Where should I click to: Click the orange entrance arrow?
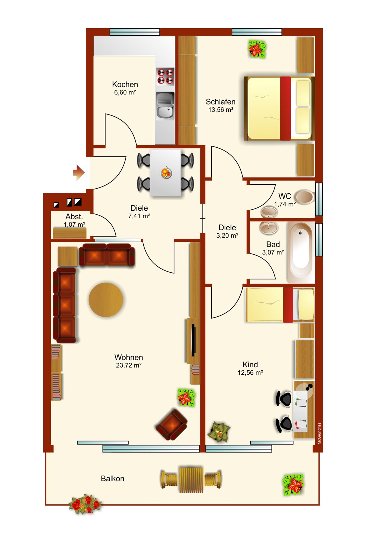point(79,173)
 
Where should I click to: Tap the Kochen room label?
point(125,84)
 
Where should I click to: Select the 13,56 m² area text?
point(221,110)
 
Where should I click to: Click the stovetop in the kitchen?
point(165,76)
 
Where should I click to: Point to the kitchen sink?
point(165,106)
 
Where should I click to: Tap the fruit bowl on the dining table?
point(166,173)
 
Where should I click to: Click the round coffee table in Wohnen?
point(106,300)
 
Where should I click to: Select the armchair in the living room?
point(171,424)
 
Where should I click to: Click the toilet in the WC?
point(305,197)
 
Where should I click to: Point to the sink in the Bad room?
point(269,228)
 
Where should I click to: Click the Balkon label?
point(113,478)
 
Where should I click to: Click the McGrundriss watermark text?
point(319,433)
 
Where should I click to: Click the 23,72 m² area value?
point(129,365)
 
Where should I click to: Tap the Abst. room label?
point(74,217)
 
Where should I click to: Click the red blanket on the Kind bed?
point(288,305)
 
